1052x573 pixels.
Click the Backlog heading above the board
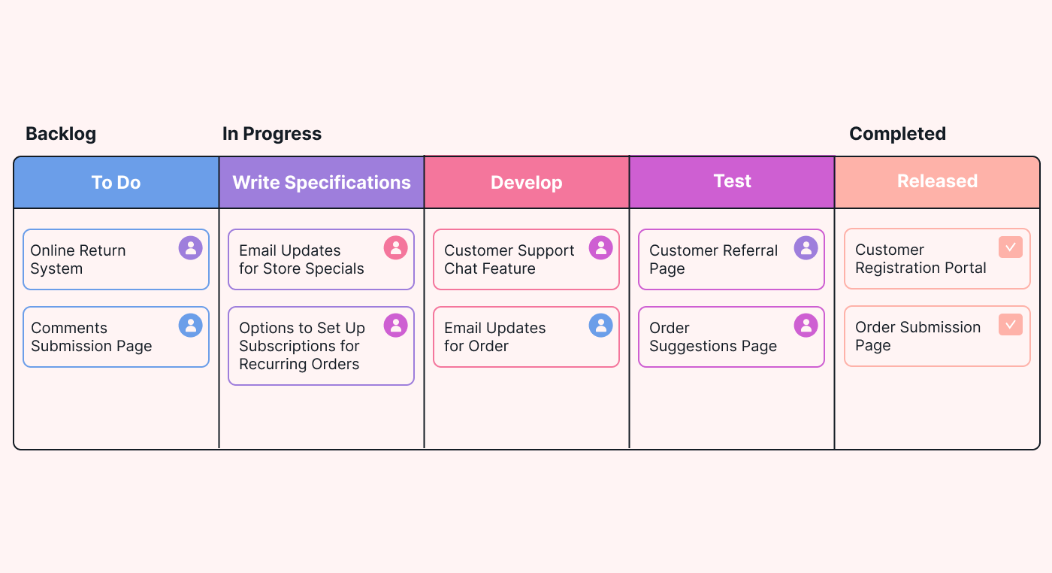coord(61,134)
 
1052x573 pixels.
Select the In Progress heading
coord(272,134)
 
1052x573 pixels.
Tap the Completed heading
coord(897,134)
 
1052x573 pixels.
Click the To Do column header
coord(116,183)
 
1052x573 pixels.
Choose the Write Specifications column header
coord(322,183)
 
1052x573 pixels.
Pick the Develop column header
coord(527,183)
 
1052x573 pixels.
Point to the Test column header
coord(732,183)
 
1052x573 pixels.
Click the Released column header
coord(938,183)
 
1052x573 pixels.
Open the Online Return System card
coord(116,259)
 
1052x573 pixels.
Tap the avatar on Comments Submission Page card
coord(191,326)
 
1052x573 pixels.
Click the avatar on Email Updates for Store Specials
coord(396,247)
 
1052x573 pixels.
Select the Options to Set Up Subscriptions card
coord(322,346)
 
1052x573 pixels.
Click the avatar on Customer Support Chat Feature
coord(601,247)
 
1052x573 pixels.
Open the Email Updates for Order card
coord(527,337)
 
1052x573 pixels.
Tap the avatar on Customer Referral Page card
coord(806,247)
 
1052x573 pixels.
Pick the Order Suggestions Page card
coord(732,337)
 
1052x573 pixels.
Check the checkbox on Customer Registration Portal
coord(1011,247)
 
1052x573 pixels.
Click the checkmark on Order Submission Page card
coord(1011,324)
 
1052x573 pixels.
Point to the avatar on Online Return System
coord(191,247)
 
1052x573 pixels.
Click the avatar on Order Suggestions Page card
coord(806,326)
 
